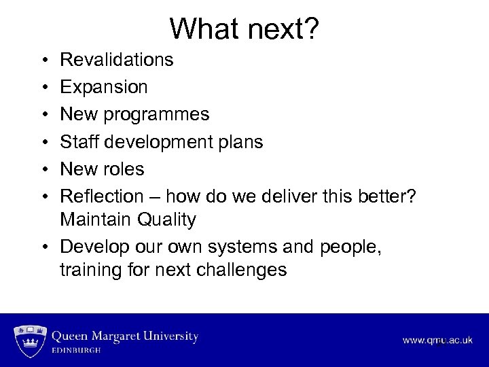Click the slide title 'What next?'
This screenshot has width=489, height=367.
pyautogui.click(x=244, y=29)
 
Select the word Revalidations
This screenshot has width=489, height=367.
pyautogui.click(x=117, y=60)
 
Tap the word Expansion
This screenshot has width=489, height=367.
pyautogui.click(x=104, y=87)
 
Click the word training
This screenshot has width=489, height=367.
pyautogui.click(x=91, y=270)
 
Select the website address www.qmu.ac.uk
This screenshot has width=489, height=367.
pyautogui.click(x=437, y=340)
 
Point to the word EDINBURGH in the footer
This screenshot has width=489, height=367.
pyautogui.click(x=77, y=350)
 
